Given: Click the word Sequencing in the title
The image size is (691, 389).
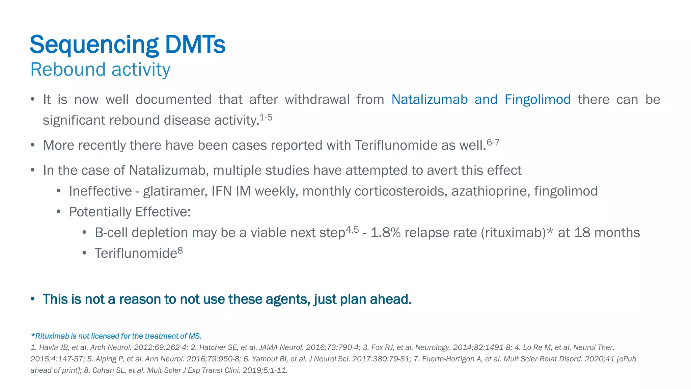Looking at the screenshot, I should point(94,45).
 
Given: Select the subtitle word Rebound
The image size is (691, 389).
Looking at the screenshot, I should point(68,70).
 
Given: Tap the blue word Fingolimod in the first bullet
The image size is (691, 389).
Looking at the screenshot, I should point(537,100).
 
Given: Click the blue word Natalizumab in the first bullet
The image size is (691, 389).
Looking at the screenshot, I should point(430,100).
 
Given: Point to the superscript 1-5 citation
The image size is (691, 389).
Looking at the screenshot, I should point(266,118).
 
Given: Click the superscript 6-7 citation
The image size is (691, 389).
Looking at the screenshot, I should point(493,142).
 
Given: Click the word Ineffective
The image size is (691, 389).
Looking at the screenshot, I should point(100,191).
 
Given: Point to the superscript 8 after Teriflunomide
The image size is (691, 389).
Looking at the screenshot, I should point(180,250).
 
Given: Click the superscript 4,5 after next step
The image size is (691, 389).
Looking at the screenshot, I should point(352,230).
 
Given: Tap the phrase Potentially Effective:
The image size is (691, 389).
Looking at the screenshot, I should point(130,212).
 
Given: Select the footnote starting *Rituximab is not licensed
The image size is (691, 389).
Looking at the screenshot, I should point(116,336).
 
